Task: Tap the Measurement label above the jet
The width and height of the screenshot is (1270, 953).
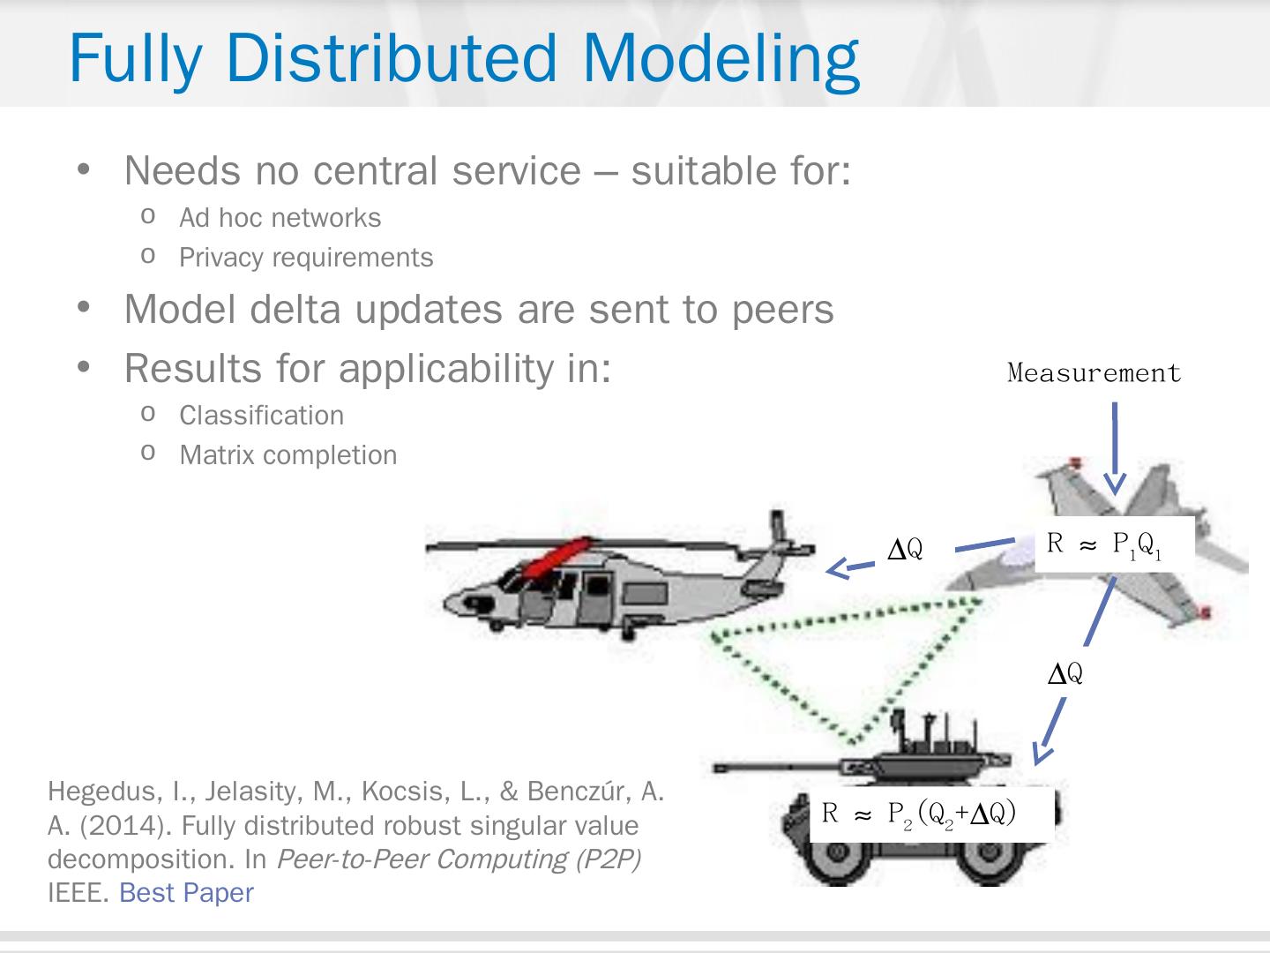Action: point(1094,373)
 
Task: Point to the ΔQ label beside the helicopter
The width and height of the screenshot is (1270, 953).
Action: point(905,550)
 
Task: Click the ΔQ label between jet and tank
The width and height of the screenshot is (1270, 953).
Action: point(1065,674)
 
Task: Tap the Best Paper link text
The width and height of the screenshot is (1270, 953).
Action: point(186,893)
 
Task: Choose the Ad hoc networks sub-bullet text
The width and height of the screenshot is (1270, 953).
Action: point(280,218)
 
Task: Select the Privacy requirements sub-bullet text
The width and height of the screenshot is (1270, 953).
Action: point(306,258)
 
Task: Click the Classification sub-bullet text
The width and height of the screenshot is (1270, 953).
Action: point(261,416)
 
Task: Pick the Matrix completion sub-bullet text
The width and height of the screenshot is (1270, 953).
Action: point(288,455)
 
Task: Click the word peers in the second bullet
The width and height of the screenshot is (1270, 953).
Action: point(782,310)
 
